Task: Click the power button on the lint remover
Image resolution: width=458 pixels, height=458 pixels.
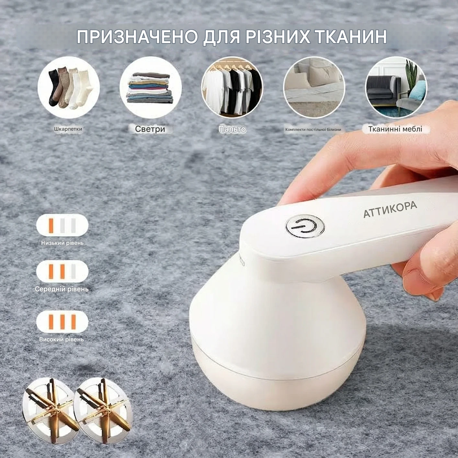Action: point(305,226)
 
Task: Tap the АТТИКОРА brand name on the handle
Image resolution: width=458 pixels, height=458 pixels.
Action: point(390,209)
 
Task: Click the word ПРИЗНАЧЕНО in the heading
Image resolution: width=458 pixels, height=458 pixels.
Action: point(137,37)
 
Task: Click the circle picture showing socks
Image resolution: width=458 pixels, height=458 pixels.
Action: point(68,88)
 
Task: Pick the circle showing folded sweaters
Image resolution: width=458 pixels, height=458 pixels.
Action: point(150,88)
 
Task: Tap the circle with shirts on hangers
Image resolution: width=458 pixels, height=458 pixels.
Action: point(232,88)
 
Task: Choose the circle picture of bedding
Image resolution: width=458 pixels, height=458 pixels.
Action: point(314,88)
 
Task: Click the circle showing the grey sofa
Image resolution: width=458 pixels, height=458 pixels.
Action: point(396,88)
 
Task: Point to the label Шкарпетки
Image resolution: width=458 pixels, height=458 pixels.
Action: point(68,129)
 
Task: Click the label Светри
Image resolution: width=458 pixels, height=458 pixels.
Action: point(150,129)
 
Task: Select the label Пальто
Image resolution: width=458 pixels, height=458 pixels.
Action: point(232,129)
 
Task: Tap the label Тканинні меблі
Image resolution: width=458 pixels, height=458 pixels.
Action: point(395,129)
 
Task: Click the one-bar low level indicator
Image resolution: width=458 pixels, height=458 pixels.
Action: point(62,225)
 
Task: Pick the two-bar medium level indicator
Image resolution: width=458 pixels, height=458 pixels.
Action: point(62,271)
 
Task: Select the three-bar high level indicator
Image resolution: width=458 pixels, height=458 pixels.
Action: point(62,322)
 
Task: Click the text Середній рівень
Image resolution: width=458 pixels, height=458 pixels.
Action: point(62,289)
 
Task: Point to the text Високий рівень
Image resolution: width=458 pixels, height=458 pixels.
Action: point(62,339)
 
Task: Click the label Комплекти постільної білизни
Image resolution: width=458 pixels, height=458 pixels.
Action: point(313,130)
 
